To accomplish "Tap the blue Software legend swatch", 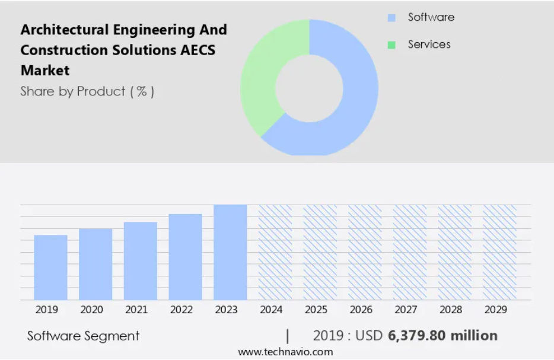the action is [x=391, y=18].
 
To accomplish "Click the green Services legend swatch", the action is [x=391, y=45].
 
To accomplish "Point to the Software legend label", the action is [x=431, y=17].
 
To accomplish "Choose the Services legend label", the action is [x=429, y=44].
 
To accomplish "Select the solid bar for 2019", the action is [x=50, y=267].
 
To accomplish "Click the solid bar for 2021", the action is [x=140, y=261].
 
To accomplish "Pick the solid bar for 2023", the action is [x=230, y=252].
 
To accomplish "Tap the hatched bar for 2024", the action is [x=275, y=252].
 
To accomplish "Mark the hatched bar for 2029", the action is [x=499, y=252].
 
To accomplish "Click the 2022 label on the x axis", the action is [x=182, y=310].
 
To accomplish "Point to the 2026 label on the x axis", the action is [x=361, y=310].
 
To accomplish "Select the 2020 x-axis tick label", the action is [x=91, y=310].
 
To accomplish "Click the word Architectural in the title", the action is [x=65, y=30].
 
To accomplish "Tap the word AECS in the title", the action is [x=198, y=50].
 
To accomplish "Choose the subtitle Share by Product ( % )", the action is [x=87, y=91].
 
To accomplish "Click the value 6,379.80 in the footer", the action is [x=416, y=336].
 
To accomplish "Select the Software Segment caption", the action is [x=84, y=336].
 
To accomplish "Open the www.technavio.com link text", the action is [x=285, y=352].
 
